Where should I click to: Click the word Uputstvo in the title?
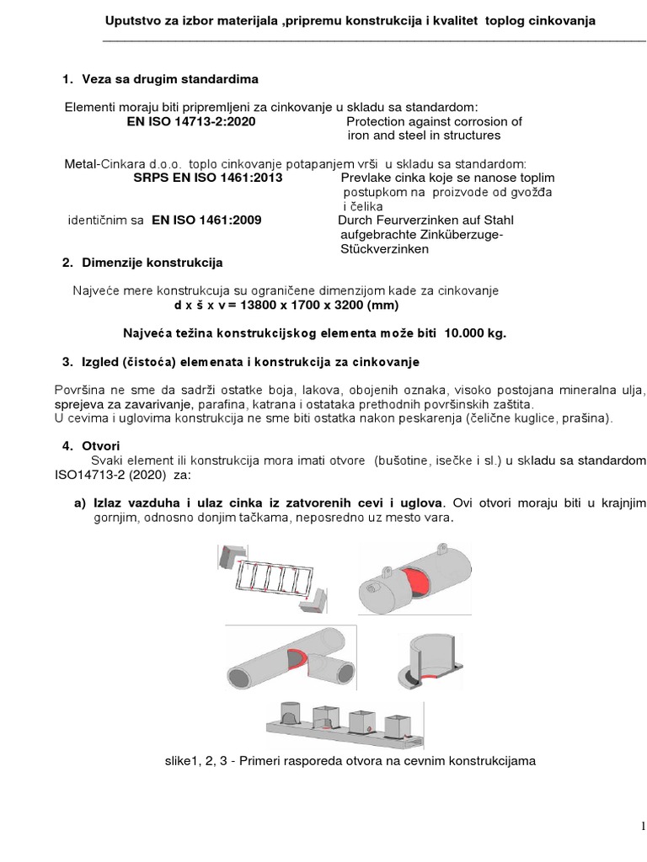tap(130, 21)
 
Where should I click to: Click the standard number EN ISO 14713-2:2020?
tap(190, 121)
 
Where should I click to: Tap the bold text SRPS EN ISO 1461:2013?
tap(208, 178)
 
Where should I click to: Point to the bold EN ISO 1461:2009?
tap(206, 220)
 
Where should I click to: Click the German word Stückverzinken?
tap(385, 249)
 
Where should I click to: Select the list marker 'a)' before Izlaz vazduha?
tap(83, 503)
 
